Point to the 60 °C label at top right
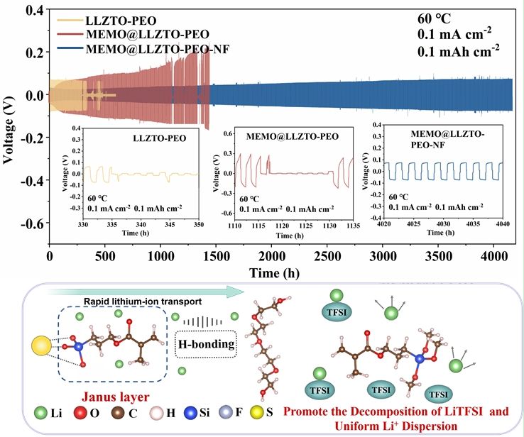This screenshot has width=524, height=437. coord(437,18)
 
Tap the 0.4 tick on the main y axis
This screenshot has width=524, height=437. coord(33,10)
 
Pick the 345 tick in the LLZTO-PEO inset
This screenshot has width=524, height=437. coord(168,225)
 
